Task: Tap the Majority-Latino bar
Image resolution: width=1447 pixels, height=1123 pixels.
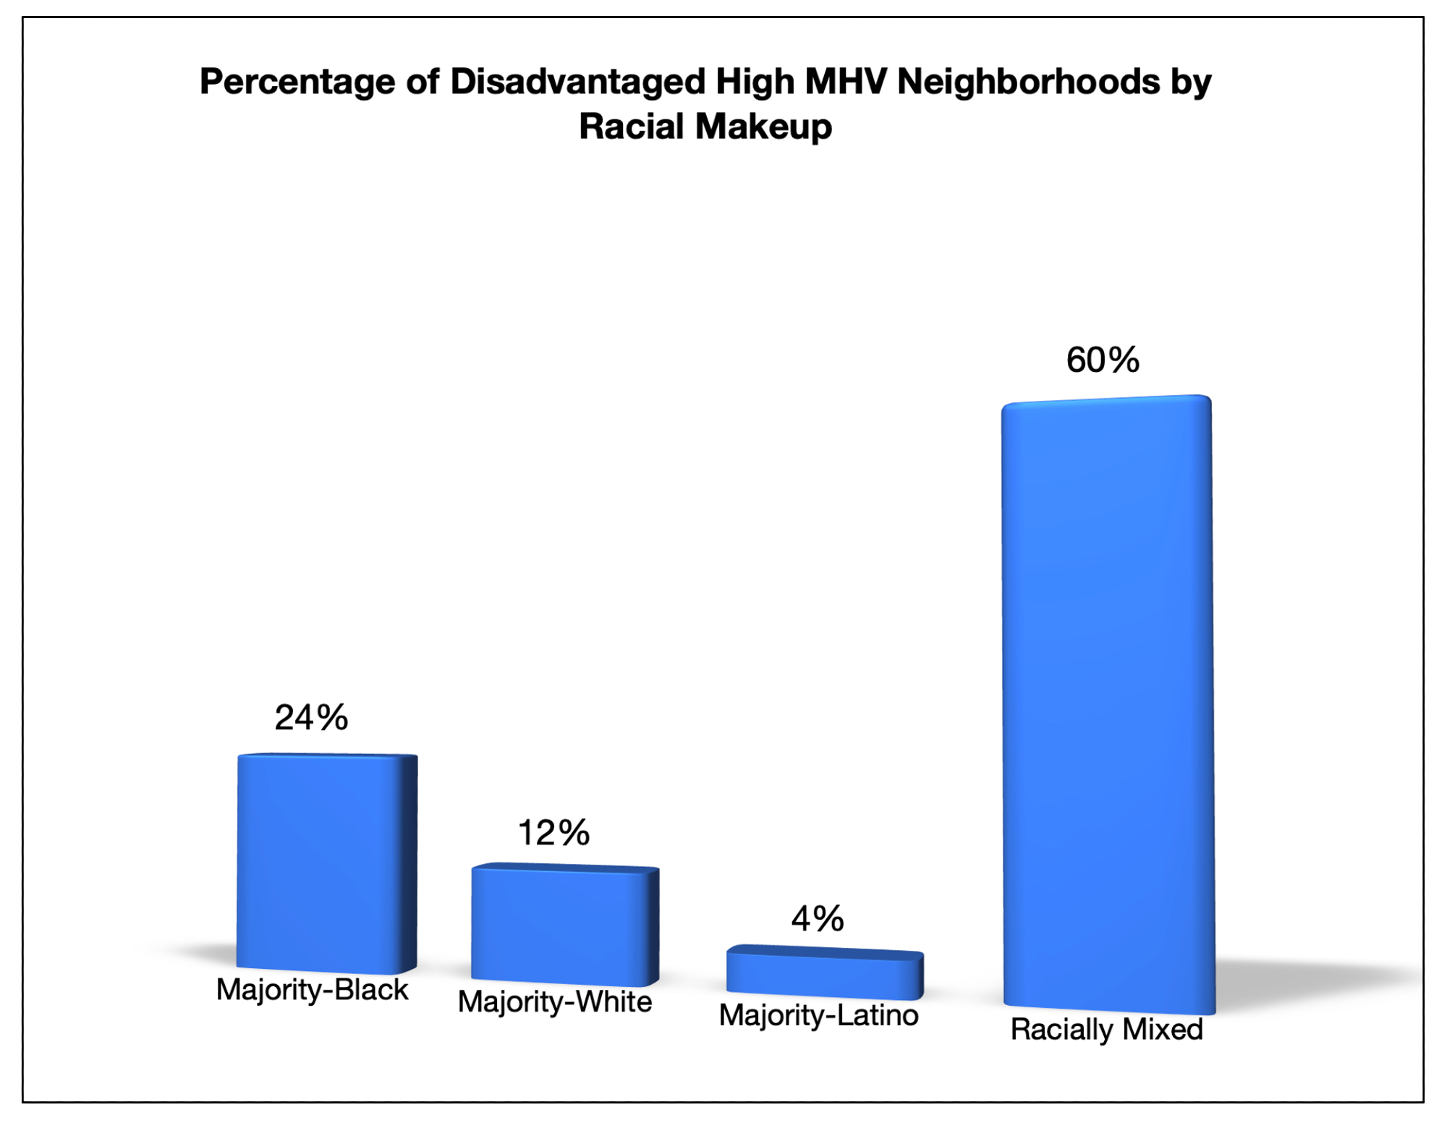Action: (x=825, y=973)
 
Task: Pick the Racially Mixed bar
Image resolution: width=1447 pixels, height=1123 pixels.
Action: (x=1107, y=702)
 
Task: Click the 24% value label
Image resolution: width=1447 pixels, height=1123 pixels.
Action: (x=311, y=718)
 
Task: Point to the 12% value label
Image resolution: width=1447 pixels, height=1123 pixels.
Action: (x=553, y=833)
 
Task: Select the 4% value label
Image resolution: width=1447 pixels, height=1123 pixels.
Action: (x=818, y=919)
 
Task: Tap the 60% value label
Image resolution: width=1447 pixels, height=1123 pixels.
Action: (x=1103, y=360)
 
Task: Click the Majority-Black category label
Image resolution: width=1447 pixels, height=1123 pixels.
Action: (x=312, y=990)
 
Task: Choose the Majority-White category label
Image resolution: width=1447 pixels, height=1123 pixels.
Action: (x=555, y=1002)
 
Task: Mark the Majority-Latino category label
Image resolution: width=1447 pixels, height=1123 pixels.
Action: (x=818, y=1016)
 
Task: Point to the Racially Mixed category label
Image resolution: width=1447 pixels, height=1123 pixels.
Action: (x=1106, y=1030)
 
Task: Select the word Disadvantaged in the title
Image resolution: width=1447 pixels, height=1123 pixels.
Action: (x=577, y=82)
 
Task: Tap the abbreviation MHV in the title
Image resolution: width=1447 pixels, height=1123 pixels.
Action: (x=846, y=82)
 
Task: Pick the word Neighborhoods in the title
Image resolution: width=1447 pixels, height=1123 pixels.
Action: (x=1028, y=82)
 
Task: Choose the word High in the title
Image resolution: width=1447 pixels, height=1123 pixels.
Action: (x=755, y=82)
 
